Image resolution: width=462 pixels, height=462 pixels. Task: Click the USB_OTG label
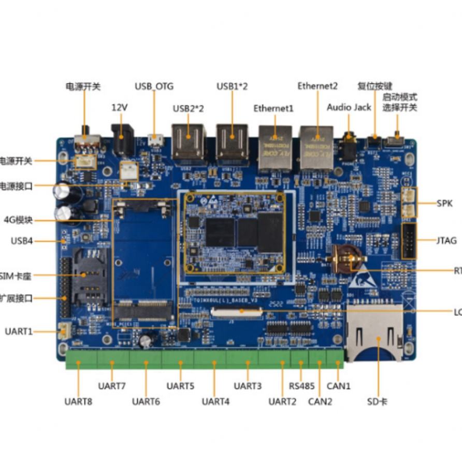coord(154,86)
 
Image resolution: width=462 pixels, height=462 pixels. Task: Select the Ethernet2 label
coord(317,85)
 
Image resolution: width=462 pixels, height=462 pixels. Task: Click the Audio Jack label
coord(349,107)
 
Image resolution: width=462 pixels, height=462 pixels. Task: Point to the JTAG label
coord(446,240)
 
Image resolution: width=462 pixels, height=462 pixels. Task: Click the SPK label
coord(444,203)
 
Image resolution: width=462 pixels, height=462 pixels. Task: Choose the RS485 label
coord(301,385)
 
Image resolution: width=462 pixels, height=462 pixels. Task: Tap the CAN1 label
coord(339,385)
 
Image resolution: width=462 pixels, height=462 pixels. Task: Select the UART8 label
coord(78,401)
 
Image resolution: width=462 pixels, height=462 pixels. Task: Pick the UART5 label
coord(180,385)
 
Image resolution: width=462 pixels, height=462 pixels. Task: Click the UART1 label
coord(19,331)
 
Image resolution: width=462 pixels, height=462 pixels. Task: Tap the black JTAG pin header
coord(408,241)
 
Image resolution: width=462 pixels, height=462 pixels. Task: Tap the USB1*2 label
coord(232,86)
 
